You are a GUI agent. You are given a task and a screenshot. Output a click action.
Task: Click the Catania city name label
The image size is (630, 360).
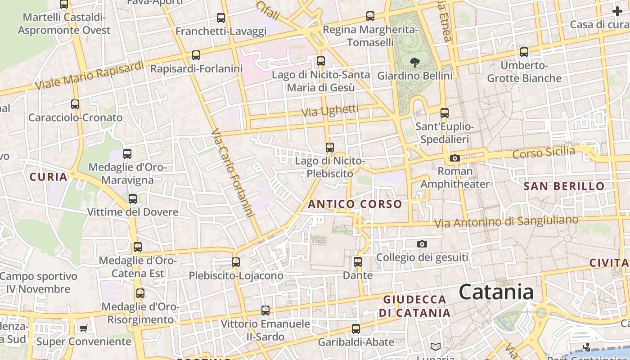496,292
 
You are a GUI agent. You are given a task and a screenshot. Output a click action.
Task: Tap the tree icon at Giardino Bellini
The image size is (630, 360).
414,63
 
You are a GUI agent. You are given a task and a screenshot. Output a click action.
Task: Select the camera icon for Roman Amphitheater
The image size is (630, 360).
454,158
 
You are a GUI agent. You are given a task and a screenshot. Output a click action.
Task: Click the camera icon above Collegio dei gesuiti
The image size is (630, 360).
422,244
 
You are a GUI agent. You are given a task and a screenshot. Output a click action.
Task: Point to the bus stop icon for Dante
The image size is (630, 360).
358,261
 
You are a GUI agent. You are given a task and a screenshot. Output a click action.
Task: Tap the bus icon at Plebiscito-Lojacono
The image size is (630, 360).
236,262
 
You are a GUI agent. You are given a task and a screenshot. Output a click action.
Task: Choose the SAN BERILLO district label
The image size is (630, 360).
564,186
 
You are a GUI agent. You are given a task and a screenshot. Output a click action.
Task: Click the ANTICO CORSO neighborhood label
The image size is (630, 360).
355,204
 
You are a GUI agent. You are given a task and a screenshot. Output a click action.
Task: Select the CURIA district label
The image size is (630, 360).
49,177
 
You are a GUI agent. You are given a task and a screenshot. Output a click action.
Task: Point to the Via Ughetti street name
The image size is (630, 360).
330,111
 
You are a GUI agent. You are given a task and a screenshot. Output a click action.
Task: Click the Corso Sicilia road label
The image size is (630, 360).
544,153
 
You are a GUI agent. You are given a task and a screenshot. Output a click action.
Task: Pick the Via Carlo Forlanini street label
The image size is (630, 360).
232,173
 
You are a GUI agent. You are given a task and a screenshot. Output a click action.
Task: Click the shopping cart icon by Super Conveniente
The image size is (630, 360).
83,328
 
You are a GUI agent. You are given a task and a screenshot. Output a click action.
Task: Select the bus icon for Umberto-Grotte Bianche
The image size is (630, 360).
524,52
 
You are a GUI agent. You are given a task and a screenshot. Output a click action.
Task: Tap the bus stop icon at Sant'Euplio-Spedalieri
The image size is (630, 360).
445,112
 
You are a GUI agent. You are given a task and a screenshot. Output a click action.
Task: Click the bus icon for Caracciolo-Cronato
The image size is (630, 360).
75,104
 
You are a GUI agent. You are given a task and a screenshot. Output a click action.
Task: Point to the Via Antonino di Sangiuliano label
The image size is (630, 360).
506,221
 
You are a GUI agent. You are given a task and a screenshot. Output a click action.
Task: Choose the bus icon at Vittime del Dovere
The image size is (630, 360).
133,198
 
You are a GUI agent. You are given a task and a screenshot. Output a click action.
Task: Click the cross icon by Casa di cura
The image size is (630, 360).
617,11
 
